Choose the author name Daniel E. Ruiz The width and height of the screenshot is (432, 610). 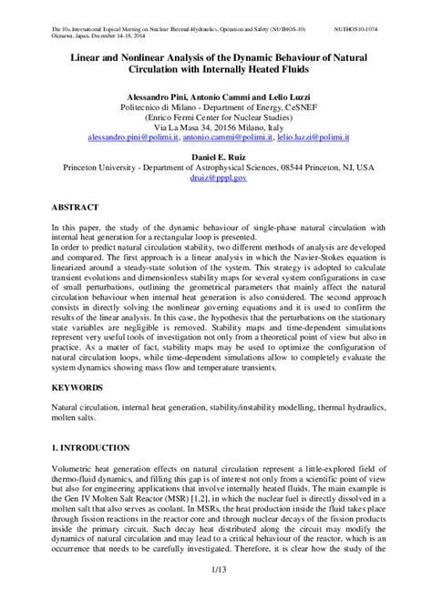[x=217, y=156]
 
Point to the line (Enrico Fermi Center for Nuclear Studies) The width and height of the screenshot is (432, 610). [x=217, y=115]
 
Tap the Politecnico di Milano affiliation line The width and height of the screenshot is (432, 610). [x=217, y=104]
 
